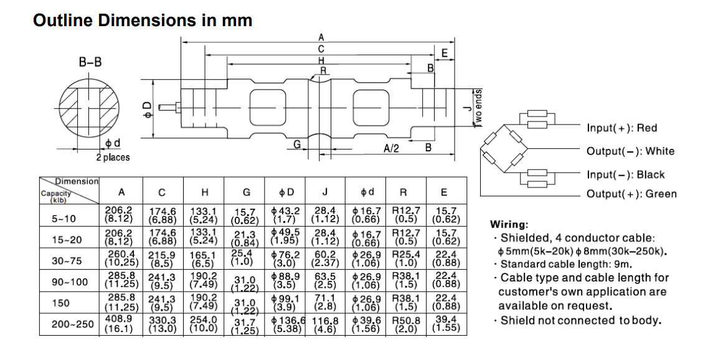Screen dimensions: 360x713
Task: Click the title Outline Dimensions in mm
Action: [x=143, y=21]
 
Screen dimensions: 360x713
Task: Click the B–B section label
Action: [x=90, y=62]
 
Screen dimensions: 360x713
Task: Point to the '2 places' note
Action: [x=113, y=158]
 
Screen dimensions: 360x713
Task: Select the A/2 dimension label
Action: [x=392, y=148]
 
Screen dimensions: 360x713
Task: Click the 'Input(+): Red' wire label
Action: [x=621, y=128]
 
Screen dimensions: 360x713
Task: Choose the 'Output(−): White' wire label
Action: [x=630, y=151]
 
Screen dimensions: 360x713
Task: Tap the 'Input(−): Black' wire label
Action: [x=625, y=175]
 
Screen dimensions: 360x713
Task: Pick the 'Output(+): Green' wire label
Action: [x=631, y=194]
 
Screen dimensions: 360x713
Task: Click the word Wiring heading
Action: [x=509, y=224]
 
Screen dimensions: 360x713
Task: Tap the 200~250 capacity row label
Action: [x=72, y=324]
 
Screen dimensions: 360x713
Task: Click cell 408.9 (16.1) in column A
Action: [x=119, y=324]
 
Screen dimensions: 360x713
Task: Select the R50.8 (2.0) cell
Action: [x=407, y=324]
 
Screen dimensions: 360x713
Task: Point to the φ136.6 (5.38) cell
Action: [x=288, y=324]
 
